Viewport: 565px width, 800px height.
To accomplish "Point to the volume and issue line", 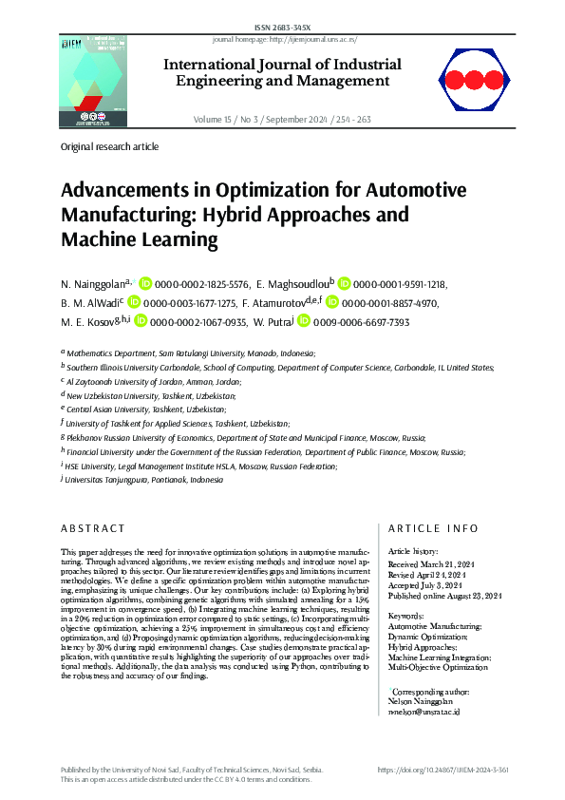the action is [x=282, y=120].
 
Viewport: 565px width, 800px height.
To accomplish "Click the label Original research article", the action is [x=109, y=147].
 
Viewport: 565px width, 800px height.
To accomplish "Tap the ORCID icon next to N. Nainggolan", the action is [x=145, y=283].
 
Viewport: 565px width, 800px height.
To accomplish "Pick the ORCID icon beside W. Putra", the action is [x=304, y=322].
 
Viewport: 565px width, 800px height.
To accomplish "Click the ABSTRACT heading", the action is [x=93, y=528].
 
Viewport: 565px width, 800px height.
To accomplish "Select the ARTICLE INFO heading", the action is [x=434, y=528].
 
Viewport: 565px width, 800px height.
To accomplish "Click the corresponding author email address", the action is [x=424, y=684].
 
